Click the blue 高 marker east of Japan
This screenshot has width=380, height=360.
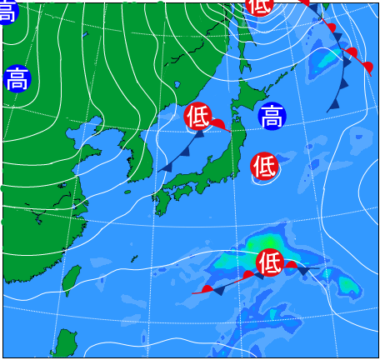271,116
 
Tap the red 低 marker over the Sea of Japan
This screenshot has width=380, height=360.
198,116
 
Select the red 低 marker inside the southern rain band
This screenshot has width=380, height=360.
269,262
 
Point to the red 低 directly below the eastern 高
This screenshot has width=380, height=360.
264,166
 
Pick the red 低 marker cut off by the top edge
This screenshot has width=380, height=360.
259,5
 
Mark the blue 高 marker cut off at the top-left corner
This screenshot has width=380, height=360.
7,10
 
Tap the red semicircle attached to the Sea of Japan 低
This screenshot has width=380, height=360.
217,124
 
